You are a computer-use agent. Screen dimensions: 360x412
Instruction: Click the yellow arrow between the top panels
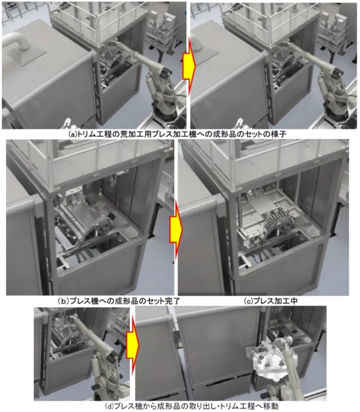(x=189, y=67)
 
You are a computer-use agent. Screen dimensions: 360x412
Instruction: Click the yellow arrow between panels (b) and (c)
(x=176, y=229)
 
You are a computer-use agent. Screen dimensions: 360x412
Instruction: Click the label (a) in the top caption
(x=71, y=134)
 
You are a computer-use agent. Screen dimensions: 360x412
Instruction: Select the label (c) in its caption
(x=248, y=301)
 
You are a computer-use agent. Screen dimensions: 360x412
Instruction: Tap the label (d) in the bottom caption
(x=109, y=407)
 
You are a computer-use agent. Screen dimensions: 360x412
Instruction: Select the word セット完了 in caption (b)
(x=163, y=301)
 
